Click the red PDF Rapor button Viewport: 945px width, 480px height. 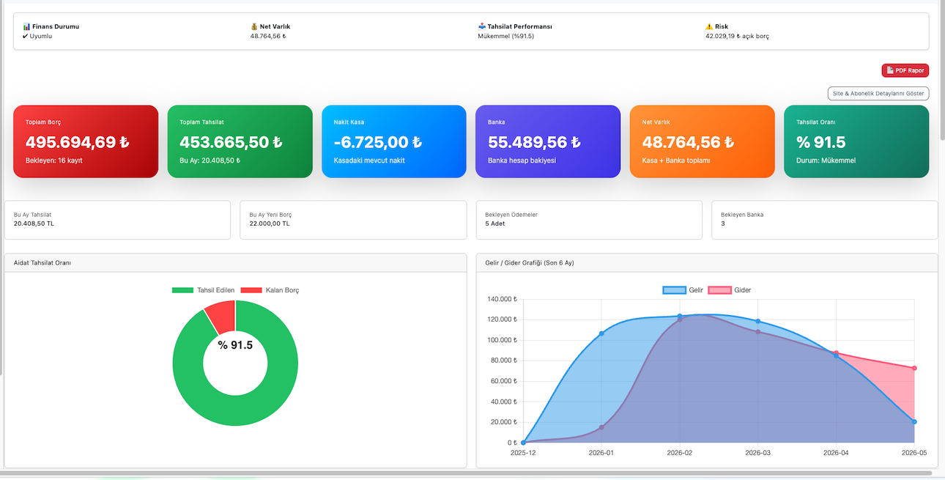905,70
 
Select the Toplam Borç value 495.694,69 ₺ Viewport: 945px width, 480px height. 77,142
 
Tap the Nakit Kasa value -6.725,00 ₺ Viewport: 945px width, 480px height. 377,142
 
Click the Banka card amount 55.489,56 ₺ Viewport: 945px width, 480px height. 534,142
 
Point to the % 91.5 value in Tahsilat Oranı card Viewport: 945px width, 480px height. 820,142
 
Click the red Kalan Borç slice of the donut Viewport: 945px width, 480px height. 221,317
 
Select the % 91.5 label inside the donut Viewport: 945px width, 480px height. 235,345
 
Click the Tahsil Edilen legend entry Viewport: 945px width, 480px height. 203,290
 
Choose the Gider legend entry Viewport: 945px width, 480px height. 730,290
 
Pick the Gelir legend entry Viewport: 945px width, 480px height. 683,290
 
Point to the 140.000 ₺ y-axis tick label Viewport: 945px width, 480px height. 502,299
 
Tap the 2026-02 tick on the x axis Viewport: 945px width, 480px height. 679,453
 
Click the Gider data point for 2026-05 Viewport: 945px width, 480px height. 914,368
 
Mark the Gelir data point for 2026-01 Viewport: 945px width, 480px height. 601,333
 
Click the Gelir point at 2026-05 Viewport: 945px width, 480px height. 914,422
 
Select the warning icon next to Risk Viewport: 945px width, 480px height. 709,26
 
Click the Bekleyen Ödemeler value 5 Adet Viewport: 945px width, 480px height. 494,224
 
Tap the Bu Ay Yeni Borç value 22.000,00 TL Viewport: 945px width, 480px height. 269,224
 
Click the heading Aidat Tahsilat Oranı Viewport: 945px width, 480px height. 42,262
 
